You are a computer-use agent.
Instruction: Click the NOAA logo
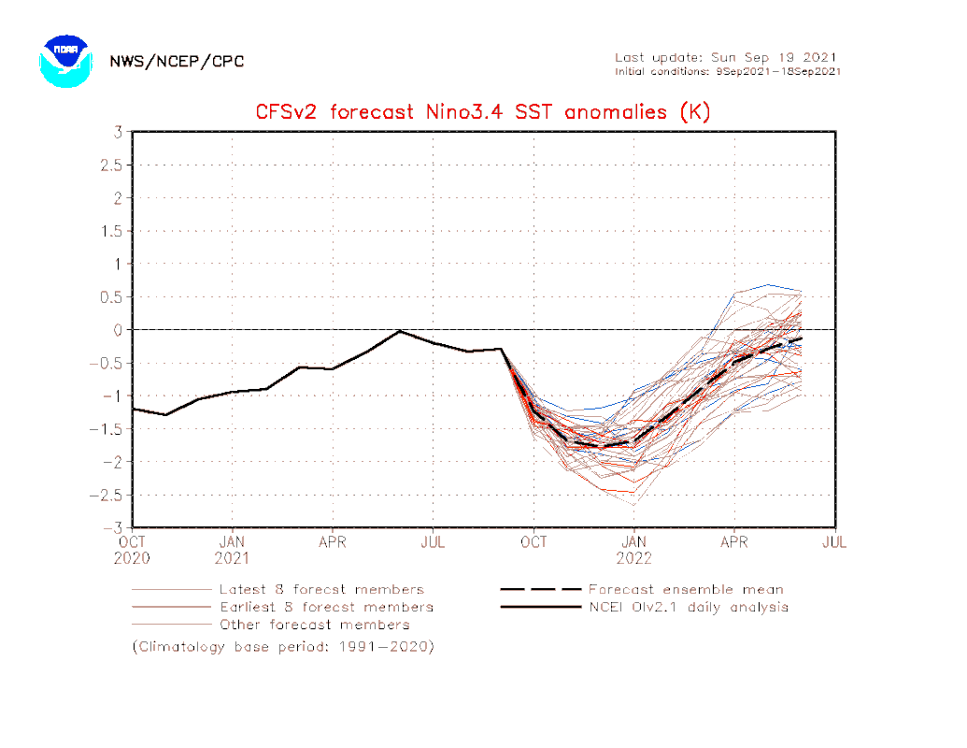(x=64, y=61)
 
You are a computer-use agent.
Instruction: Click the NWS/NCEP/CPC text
(x=177, y=62)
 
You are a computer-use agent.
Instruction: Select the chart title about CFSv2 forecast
(x=483, y=112)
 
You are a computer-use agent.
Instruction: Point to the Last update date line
(x=726, y=57)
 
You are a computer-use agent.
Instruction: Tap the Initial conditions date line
(x=727, y=71)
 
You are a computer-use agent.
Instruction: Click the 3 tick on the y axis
(x=119, y=132)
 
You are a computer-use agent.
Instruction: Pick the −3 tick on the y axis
(x=115, y=527)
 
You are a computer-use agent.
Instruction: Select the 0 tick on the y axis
(x=119, y=329)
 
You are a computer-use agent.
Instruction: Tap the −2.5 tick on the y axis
(x=108, y=495)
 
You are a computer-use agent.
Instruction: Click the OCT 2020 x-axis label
(x=133, y=550)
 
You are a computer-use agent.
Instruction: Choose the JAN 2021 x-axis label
(x=233, y=550)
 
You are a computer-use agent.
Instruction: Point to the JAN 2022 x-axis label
(x=634, y=550)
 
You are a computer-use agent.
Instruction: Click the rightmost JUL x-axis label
(x=834, y=541)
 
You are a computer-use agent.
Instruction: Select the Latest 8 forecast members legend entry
(x=320, y=590)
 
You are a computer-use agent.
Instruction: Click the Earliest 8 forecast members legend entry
(x=325, y=607)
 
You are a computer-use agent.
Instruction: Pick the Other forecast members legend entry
(x=314, y=625)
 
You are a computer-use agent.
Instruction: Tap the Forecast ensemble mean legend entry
(x=686, y=590)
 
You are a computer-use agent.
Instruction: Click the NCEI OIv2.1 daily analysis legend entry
(x=688, y=607)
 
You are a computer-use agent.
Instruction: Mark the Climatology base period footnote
(x=283, y=646)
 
